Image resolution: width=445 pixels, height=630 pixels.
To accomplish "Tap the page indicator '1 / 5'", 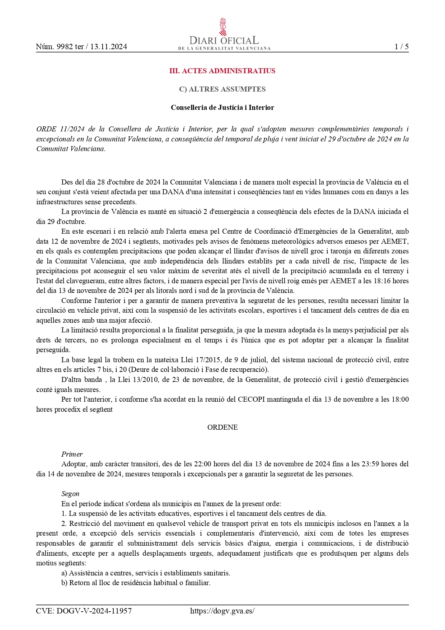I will (x=401, y=47).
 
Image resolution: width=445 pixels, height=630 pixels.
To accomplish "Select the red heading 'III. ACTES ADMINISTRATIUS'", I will (x=222, y=71).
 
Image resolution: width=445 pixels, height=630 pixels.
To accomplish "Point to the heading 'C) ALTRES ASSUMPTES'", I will (x=222, y=89).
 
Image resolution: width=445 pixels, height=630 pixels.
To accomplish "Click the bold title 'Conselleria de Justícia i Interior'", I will (x=222, y=108).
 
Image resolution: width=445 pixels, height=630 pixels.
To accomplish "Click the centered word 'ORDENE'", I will (x=222, y=427).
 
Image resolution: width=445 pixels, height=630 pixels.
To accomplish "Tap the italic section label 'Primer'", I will (x=72, y=454).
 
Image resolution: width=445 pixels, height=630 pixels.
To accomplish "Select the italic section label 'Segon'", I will (x=70, y=494).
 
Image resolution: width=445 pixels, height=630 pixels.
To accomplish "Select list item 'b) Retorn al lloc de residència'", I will (x=136, y=583).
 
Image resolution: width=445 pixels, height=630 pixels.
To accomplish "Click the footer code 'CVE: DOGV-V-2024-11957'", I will (x=84, y=611).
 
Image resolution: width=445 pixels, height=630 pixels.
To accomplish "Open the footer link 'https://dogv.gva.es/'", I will (x=222, y=611).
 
